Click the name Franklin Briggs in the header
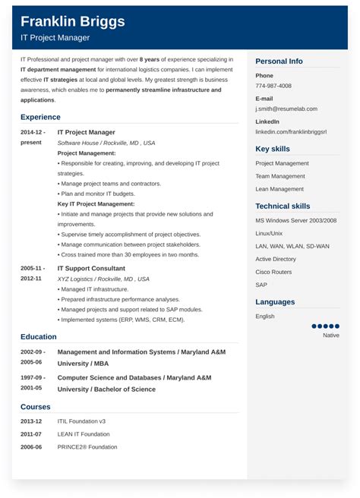point(73,21)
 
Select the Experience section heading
point(40,117)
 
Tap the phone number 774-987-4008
point(273,86)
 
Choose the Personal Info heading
point(279,61)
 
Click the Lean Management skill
point(279,188)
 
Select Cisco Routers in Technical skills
point(274,271)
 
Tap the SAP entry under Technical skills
point(261,284)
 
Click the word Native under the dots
point(331,335)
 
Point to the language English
point(265,316)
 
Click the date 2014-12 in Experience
point(33,132)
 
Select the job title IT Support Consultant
point(91,268)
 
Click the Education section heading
point(39,336)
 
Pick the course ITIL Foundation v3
point(81,421)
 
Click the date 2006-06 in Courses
point(32,446)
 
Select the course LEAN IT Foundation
point(84,433)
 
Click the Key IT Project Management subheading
point(96,203)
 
